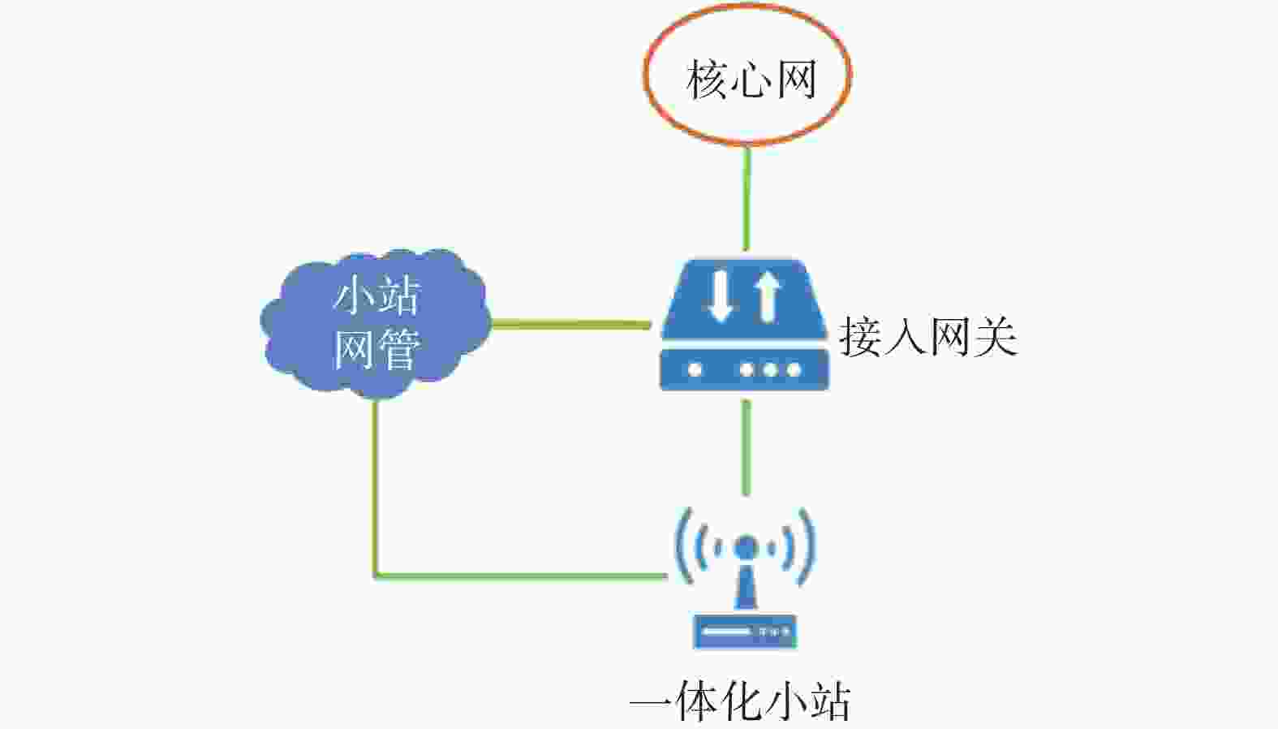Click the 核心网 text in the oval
751,80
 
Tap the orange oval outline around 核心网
645,75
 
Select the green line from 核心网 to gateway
747,198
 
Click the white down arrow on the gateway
720,296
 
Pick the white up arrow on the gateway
768,296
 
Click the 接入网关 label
927,338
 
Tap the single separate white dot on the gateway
695,370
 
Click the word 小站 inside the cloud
377,295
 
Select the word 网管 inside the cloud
377,349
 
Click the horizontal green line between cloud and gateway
571,325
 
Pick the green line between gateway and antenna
747,447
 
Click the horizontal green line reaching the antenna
521,576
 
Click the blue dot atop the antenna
746,548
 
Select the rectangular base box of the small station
745,632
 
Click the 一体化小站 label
741,701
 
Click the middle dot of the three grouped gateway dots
770,370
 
